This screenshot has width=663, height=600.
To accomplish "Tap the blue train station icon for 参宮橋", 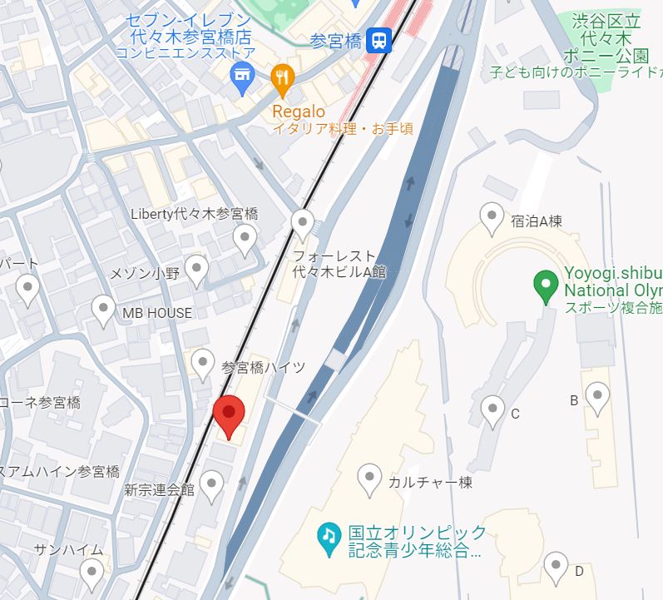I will pyautogui.click(x=379, y=41).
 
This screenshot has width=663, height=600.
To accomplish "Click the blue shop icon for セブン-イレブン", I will pyautogui.click(x=242, y=79).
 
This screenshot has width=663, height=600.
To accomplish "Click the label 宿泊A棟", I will pyautogui.click(x=537, y=221).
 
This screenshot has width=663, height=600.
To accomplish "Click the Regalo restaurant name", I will pyautogui.click(x=299, y=112).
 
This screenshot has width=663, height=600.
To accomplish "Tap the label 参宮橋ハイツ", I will pyautogui.click(x=264, y=367).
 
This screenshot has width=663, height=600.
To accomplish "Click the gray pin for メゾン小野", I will pyautogui.click(x=196, y=270).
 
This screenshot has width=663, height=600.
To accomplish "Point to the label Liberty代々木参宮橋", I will pyautogui.click(x=195, y=214).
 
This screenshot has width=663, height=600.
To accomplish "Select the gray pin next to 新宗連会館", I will pyautogui.click(x=213, y=486).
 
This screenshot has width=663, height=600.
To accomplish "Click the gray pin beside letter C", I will pyautogui.click(x=493, y=410).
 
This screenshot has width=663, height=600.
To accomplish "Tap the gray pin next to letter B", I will pyautogui.click(x=597, y=397).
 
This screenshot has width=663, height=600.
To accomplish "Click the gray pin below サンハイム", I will pyautogui.click(x=92, y=573).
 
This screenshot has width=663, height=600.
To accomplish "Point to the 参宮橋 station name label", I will pyautogui.click(x=335, y=41).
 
